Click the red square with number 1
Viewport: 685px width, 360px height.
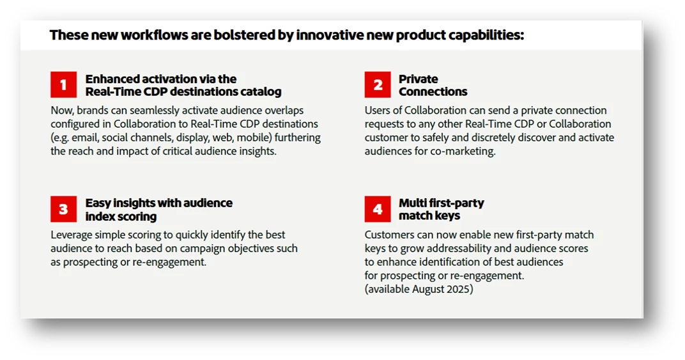pyautogui.click(x=64, y=85)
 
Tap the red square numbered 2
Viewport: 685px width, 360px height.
pyautogui.click(x=378, y=85)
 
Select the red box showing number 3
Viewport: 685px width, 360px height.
pyautogui.click(x=64, y=209)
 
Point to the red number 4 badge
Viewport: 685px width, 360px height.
pyautogui.click(x=378, y=209)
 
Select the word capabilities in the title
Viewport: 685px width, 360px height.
pyautogui.click(x=485, y=35)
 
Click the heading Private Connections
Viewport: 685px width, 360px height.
pyautogui.click(x=433, y=85)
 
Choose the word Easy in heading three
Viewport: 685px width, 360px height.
pyautogui.click(x=98, y=203)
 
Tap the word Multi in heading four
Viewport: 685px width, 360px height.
pyautogui.click(x=411, y=203)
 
